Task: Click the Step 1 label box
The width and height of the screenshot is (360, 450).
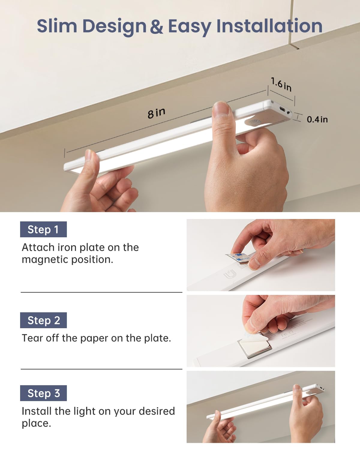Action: tap(43, 229)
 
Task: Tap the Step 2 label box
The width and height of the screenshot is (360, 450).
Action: tap(43, 320)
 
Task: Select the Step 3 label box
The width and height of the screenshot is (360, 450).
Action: tap(43, 393)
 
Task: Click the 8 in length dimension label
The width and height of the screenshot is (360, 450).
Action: tap(156, 113)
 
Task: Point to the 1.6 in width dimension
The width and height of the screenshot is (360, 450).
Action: tap(281, 84)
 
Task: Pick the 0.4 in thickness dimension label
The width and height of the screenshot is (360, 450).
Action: tap(317, 119)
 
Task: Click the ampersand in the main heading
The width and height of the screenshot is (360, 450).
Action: tap(157, 26)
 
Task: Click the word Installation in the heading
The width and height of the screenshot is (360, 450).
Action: tap(269, 26)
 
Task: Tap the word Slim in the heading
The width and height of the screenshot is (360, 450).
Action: tap(57, 26)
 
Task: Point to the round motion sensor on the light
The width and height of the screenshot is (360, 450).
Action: tap(254, 122)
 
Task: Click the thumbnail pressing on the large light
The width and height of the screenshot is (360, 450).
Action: tap(221, 109)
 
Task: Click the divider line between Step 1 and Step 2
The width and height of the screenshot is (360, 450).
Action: tap(101, 292)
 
